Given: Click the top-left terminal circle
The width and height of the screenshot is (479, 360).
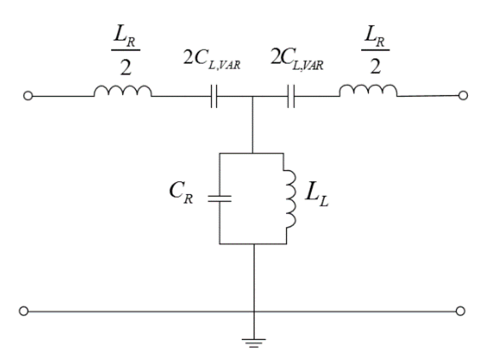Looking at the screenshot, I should click(x=28, y=96).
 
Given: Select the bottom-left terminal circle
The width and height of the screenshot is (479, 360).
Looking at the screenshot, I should click(x=24, y=311).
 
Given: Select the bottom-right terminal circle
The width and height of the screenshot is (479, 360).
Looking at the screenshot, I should click(x=460, y=311).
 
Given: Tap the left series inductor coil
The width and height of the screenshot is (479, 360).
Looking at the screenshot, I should click(x=123, y=91).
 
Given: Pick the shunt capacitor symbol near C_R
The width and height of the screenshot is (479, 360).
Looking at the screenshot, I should click(x=219, y=198).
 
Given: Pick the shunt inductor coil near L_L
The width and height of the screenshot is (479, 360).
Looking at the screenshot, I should click(x=290, y=198).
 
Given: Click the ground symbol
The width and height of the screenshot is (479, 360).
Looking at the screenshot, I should click(x=254, y=342).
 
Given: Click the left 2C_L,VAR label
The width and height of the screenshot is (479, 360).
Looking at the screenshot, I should click(x=212, y=59).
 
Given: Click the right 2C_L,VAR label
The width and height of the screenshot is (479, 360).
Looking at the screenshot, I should click(x=297, y=59).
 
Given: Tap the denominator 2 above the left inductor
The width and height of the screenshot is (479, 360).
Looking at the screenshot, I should click(x=126, y=67).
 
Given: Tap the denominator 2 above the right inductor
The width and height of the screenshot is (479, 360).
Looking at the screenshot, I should click(x=375, y=66).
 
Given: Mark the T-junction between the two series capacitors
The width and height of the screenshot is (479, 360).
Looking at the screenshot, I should click(x=253, y=97).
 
